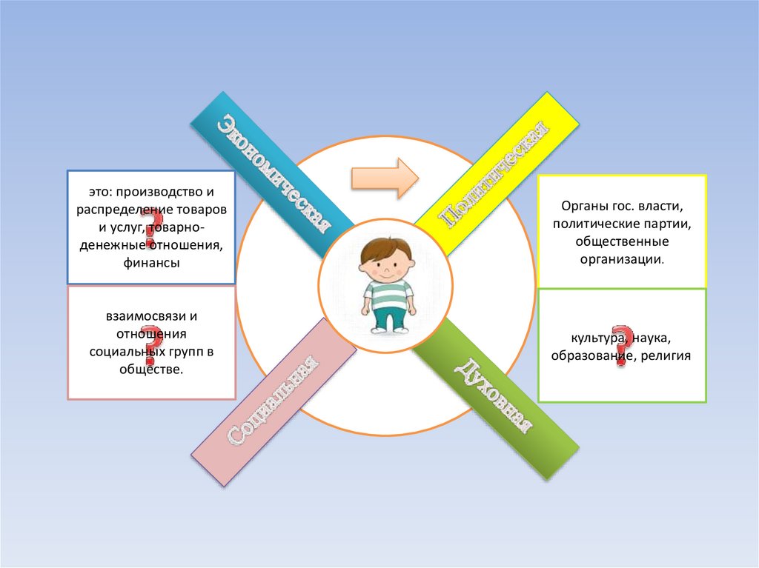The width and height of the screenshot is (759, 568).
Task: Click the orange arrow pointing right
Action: click(385, 178)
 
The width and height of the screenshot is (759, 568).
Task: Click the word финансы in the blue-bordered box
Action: click(151, 262)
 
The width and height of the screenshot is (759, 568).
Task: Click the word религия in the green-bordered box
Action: click(668, 356)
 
